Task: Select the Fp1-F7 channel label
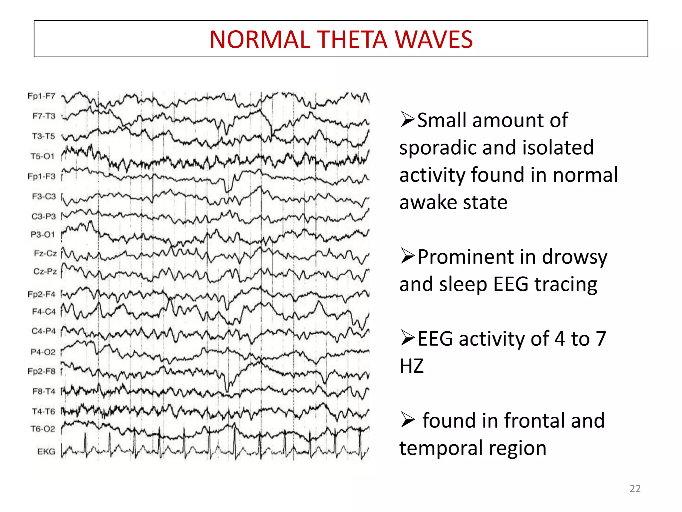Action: click(x=41, y=96)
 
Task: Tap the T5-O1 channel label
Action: click(x=42, y=156)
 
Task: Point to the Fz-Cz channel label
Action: click(x=45, y=254)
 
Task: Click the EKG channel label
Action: click(x=46, y=452)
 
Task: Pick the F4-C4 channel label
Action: click(x=44, y=312)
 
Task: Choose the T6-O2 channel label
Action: click(x=43, y=429)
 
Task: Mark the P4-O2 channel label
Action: click(x=43, y=352)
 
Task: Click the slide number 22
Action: click(x=635, y=489)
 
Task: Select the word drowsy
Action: click(x=574, y=257)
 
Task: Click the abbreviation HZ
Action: click(x=412, y=366)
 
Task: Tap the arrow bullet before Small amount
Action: click(x=407, y=120)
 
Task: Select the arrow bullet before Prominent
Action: click(x=407, y=256)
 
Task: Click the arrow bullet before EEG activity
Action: click(x=407, y=338)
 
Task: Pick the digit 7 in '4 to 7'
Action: click(x=600, y=339)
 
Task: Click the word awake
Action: click(x=428, y=202)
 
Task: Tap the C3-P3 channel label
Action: click(x=44, y=217)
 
